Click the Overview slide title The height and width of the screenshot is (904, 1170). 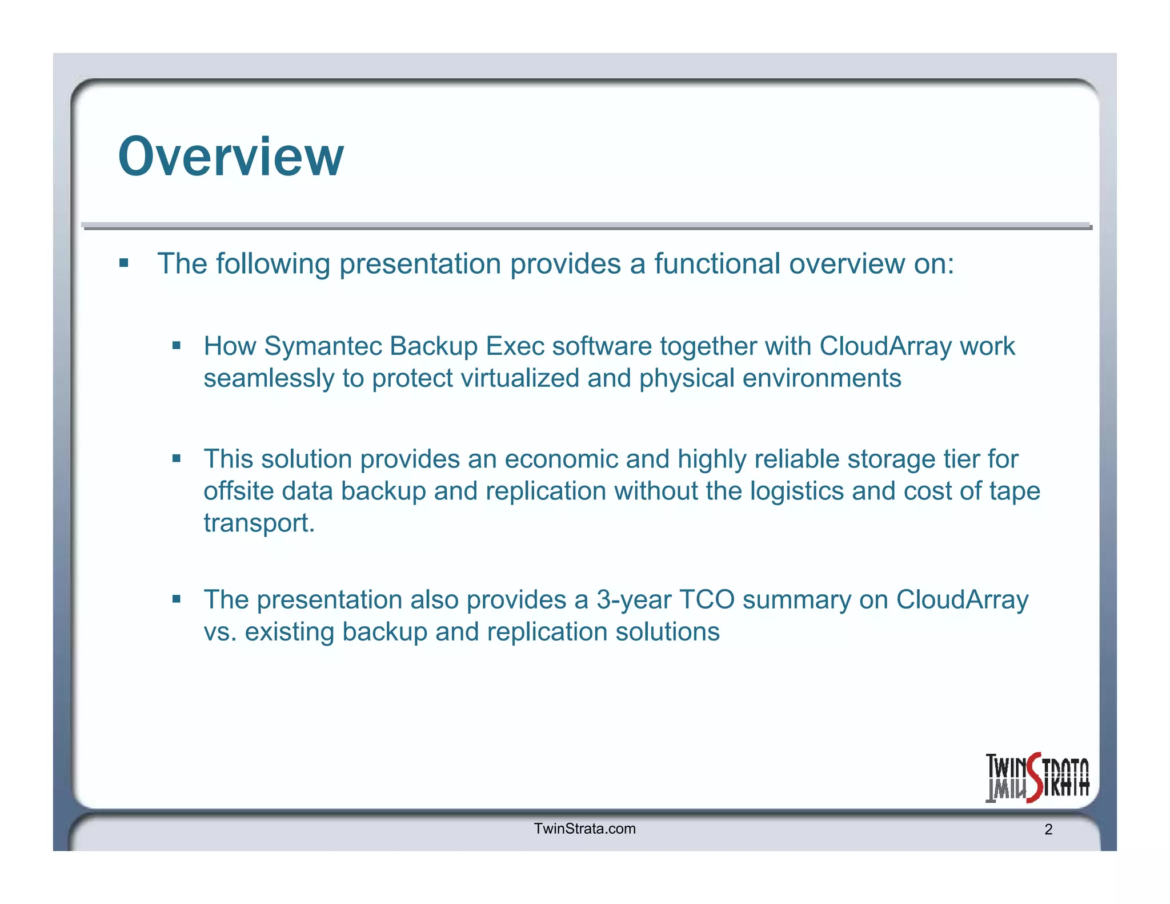point(231,157)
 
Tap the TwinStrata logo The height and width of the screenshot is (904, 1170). point(1037,777)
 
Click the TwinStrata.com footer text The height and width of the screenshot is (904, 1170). point(584,829)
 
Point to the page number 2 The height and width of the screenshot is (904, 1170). point(1048,830)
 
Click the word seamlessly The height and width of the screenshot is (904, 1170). point(269,378)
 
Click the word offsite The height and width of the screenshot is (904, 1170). point(238,491)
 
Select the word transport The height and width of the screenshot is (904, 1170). point(259,523)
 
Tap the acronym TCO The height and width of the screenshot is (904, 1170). point(706,600)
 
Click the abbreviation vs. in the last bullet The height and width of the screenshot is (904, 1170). point(220,632)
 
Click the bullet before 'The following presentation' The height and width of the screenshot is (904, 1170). point(124,263)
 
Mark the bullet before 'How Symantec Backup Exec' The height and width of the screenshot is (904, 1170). point(176,345)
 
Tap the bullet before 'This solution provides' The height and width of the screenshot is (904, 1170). point(176,458)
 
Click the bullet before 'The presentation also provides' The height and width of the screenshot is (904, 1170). point(176,599)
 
